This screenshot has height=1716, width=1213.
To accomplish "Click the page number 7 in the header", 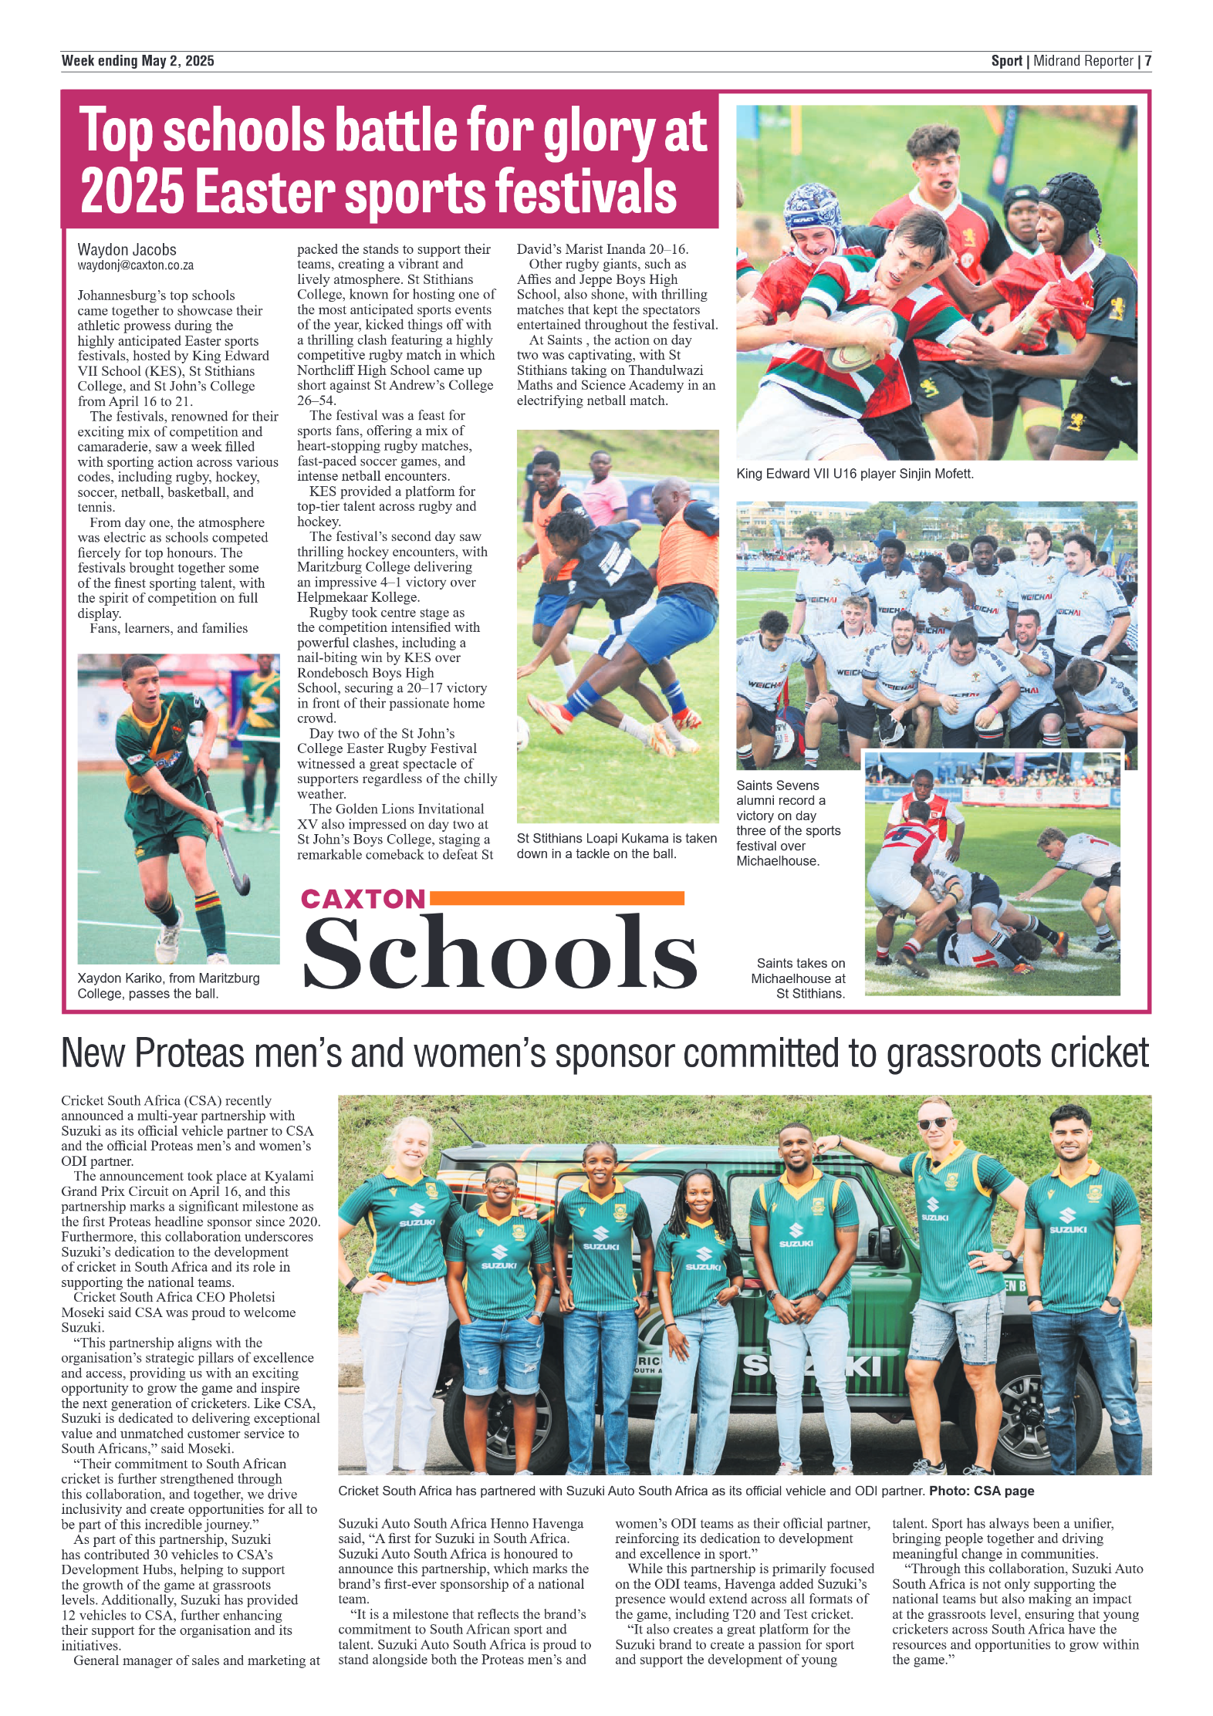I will (x=1147, y=61).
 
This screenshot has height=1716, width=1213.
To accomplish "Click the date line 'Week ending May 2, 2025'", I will (x=138, y=61).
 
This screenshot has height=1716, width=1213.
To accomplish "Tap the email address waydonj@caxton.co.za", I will (x=135, y=265).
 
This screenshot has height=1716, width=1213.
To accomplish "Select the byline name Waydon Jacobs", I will (x=127, y=249).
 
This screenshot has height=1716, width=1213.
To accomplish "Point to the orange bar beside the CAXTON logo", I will (x=556, y=897).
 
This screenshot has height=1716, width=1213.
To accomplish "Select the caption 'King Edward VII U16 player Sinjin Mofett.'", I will (x=854, y=474).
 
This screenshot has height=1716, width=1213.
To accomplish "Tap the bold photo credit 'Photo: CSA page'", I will (x=981, y=1491).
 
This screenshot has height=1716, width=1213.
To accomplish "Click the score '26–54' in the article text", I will (x=316, y=400).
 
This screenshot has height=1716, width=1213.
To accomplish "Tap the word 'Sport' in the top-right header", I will (x=1006, y=61).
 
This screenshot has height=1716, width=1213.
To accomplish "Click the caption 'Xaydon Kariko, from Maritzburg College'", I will (x=168, y=985).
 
